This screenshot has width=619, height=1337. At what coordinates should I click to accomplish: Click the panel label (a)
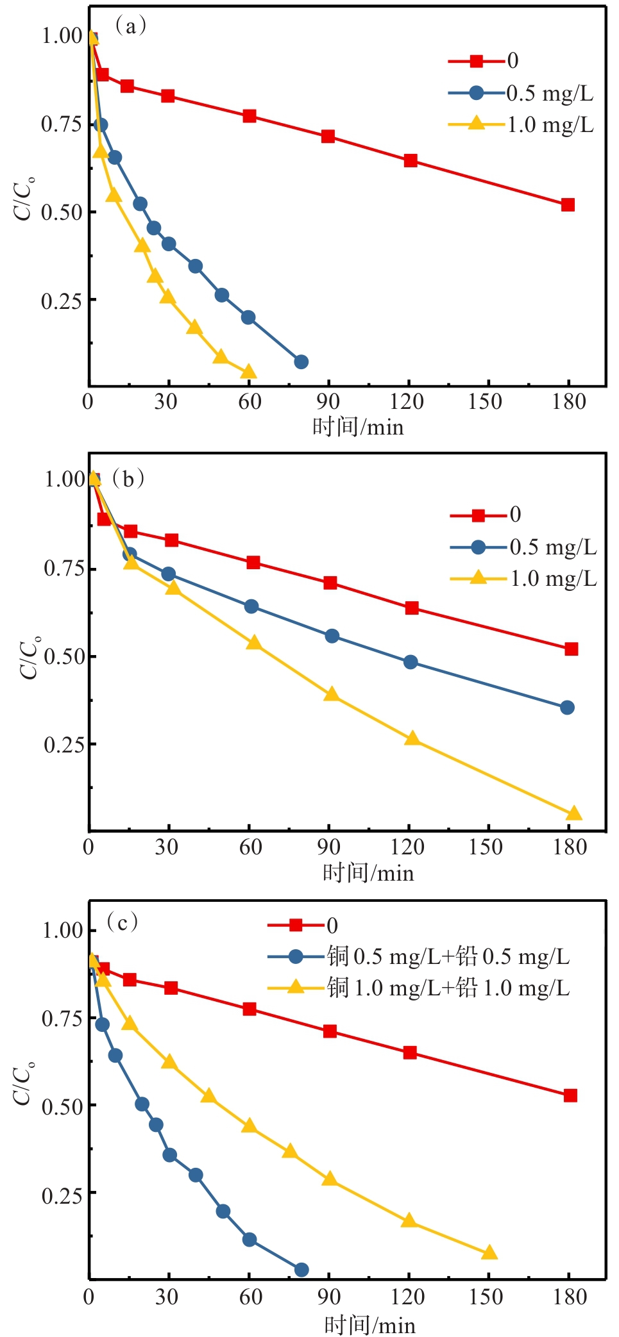pyautogui.click(x=130, y=26)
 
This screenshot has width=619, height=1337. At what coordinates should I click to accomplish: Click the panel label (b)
pyautogui.click(x=128, y=479)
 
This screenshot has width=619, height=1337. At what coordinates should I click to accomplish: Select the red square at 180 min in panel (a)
pyautogui.click(x=568, y=205)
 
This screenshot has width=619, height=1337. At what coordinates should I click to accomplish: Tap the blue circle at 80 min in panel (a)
pyautogui.click(x=301, y=362)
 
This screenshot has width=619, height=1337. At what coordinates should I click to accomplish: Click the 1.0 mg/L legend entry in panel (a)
pyautogui.click(x=550, y=125)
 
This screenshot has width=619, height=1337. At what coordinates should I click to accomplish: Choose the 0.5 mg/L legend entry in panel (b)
pyautogui.click(x=552, y=547)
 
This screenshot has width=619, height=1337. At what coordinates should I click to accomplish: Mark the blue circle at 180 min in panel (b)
pyautogui.click(x=567, y=708)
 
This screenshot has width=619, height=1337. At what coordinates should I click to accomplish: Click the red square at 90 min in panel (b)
pyautogui.click(x=330, y=583)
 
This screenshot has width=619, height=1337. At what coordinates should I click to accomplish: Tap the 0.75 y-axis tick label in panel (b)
pyautogui.click(x=64, y=569)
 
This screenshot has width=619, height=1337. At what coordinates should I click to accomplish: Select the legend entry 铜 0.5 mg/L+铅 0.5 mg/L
pyautogui.click(x=448, y=957)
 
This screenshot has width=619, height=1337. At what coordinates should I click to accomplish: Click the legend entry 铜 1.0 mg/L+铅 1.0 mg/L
pyautogui.click(x=448, y=988)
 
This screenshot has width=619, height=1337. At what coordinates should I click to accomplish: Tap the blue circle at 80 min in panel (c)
pyautogui.click(x=301, y=1270)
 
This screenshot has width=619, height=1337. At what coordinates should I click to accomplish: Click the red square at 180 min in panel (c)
pyautogui.click(x=570, y=1095)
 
